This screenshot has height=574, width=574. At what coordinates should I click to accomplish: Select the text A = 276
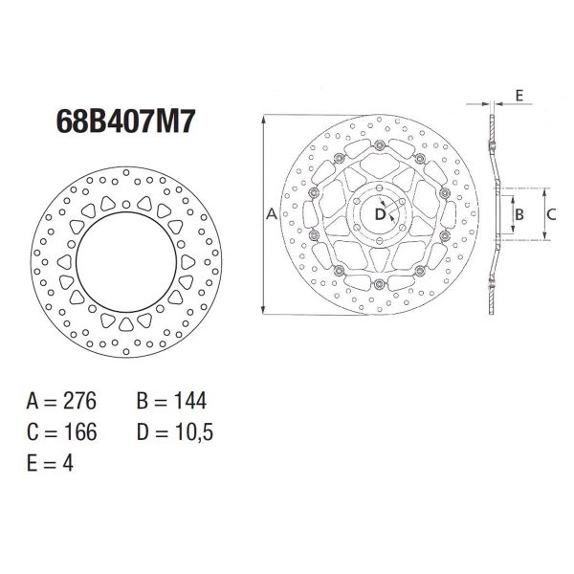tap(70, 401)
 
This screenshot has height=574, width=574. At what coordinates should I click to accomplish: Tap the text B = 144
tap(172, 401)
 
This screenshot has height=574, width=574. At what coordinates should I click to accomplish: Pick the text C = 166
tap(70, 432)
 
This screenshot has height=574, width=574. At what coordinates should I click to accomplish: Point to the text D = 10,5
tap(176, 432)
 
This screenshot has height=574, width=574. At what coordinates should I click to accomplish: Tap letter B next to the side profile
tap(519, 215)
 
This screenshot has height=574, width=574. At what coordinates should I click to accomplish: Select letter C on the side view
tap(551, 215)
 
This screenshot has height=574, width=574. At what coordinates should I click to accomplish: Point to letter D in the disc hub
tap(380, 215)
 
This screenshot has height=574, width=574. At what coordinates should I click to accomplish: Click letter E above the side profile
tap(518, 96)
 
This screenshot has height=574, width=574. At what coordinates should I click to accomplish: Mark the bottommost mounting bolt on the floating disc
tap(380, 285)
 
